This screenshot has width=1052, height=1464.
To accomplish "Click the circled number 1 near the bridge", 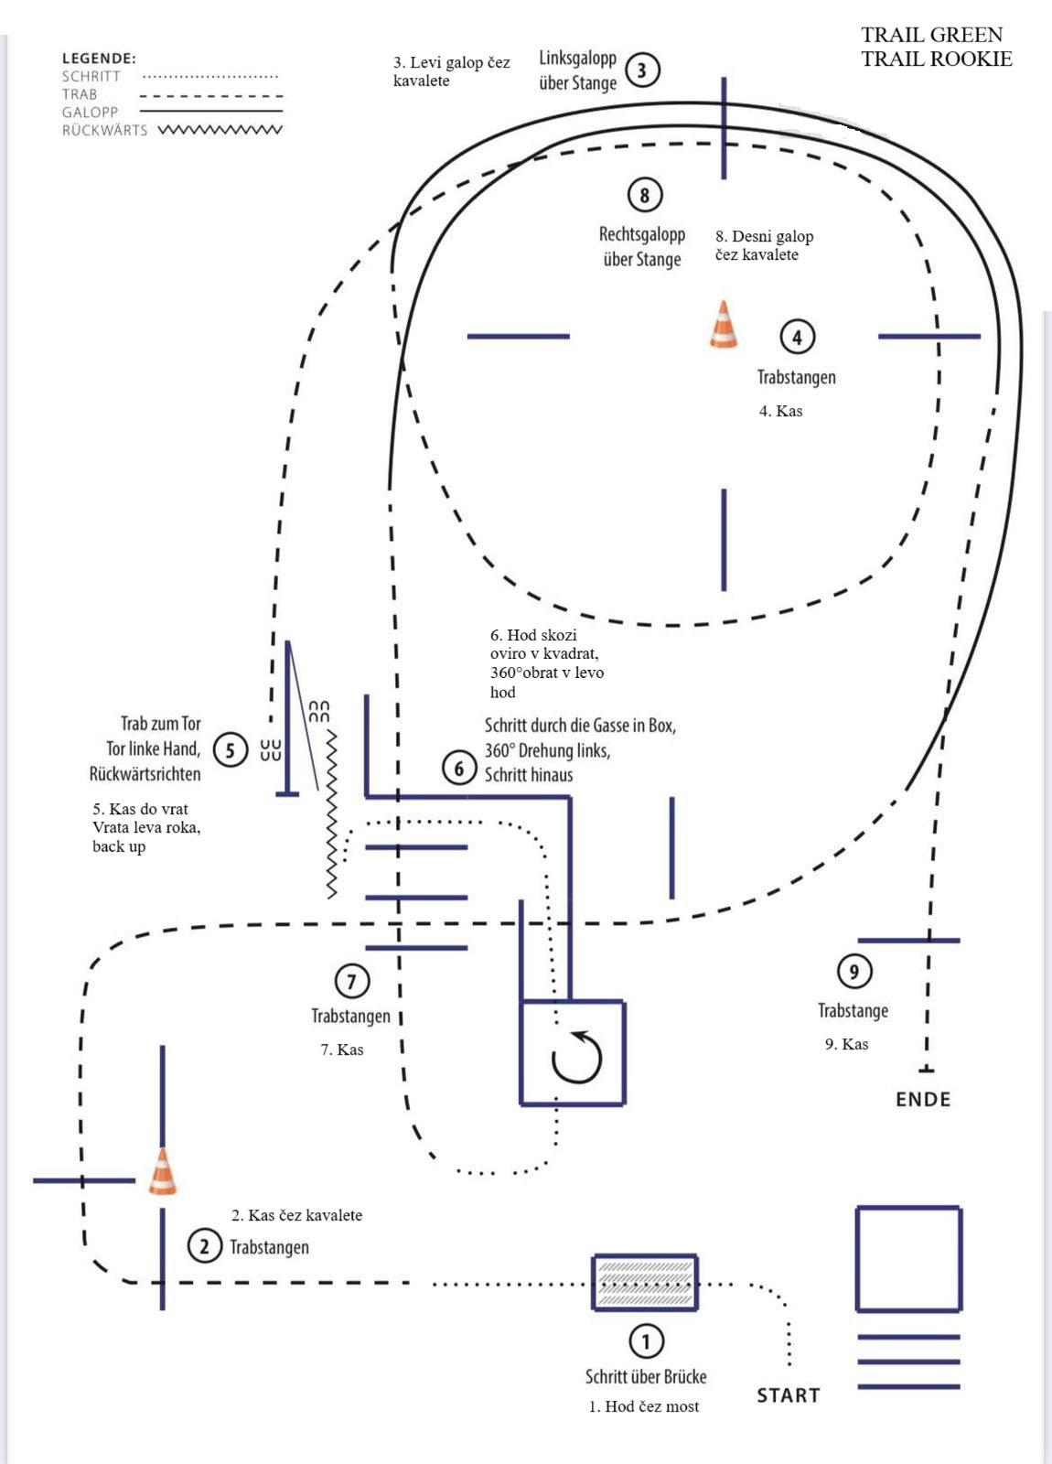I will pyautogui.click(x=646, y=1341).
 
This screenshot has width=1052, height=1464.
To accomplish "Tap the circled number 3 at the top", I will pyautogui.click(x=642, y=70).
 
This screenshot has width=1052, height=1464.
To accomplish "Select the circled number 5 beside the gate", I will pyautogui.click(x=230, y=750).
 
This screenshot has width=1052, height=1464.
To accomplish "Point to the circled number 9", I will pyautogui.click(x=854, y=971).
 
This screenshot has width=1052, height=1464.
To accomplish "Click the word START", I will pyautogui.click(x=788, y=1395).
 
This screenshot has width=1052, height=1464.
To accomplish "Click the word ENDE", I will pyautogui.click(x=923, y=1099).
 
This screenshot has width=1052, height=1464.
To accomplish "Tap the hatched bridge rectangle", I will pyautogui.click(x=646, y=1282).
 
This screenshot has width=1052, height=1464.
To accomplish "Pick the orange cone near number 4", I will pyautogui.click(x=724, y=325).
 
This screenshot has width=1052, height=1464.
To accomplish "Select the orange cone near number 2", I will pyautogui.click(x=163, y=1172).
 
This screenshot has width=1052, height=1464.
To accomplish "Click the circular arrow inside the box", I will pyautogui.click(x=577, y=1058).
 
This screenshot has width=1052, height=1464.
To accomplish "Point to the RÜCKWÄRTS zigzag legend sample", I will pyautogui.click(x=220, y=130).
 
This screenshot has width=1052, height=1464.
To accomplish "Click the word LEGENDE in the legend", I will pyautogui.click(x=99, y=59).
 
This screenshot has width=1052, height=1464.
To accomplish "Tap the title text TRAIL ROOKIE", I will pyautogui.click(x=937, y=59).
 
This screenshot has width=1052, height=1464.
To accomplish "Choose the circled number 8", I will pyautogui.click(x=645, y=195).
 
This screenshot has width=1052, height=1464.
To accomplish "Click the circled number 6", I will pyautogui.click(x=459, y=769).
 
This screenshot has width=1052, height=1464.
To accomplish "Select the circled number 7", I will pyautogui.click(x=352, y=981).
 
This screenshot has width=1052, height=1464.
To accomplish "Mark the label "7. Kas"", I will pyautogui.click(x=341, y=1050).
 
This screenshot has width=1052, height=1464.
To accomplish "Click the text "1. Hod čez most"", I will pyautogui.click(x=643, y=1406).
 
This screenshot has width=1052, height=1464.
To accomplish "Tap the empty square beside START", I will pyautogui.click(x=908, y=1258).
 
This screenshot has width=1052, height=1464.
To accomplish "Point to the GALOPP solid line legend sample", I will pyautogui.click(x=211, y=112).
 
